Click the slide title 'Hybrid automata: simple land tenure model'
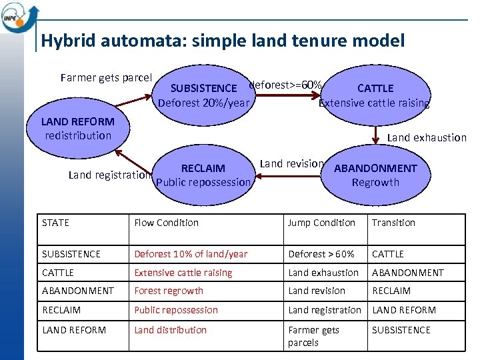[x=222, y=41]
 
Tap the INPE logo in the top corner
[x=16, y=16]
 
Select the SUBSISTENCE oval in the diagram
[x=203, y=95]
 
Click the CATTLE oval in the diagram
[x=375, y=95]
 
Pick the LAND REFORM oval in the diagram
[x=77, y=129]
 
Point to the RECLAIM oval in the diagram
[x=203, y=175]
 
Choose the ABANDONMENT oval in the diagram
[x=375, y=175]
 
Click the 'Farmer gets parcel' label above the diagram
[x=106, y=77]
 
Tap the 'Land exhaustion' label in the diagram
[x=427, y=137]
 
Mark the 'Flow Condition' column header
[x=167, y=223]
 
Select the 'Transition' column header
[x=393, y=223]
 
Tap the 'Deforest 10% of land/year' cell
[x=191, y=254]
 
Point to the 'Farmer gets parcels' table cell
[x=313, y=336]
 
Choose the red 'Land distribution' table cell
[x=171, y=330]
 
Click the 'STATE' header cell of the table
[x=55, y=223]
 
